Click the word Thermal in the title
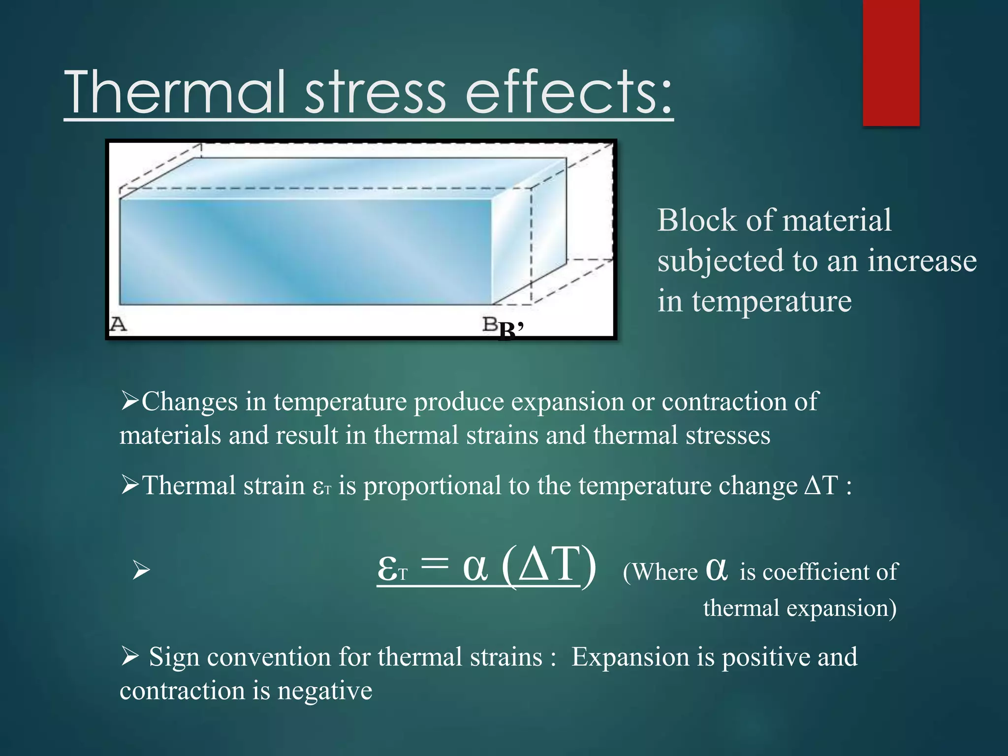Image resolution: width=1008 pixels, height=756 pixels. [175, 92]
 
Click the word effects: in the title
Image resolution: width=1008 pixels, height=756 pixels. [568, 92]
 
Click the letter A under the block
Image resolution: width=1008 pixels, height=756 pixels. [118, 324]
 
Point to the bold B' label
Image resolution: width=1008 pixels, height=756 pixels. [510, 331]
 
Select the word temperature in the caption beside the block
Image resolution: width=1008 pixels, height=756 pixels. [771, 301]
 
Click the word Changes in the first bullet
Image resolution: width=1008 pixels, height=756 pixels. [190, 402]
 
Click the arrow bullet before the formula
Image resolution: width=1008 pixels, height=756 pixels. [141, 571]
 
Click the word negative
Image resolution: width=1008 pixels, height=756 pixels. [325, 691]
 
